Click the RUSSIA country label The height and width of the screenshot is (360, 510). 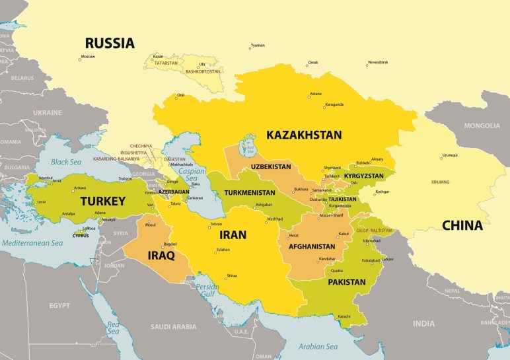[110, 44]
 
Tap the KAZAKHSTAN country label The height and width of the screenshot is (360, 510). [304, 135]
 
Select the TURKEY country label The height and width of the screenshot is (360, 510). [102, 201]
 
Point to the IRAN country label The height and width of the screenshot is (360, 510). [233, 234]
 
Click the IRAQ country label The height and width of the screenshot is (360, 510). [161, 255]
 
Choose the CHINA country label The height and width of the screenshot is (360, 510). [462, 225]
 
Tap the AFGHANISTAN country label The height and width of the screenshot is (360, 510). [312, 246]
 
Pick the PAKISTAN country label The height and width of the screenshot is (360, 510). [346, 282]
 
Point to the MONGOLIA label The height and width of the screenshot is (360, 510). [482, 126]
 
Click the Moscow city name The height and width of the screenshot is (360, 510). [87, 57]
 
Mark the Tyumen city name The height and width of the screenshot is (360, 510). [258, 46]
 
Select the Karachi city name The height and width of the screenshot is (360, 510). [344, 317]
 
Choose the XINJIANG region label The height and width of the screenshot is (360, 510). [439, 182]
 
